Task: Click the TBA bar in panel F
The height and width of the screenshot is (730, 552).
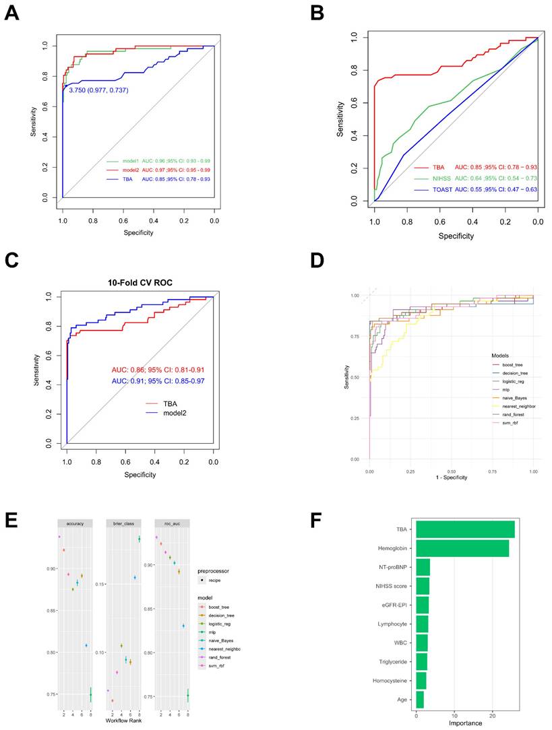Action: pos(465,529)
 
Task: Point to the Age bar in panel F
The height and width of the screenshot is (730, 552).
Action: pos(420,699)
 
